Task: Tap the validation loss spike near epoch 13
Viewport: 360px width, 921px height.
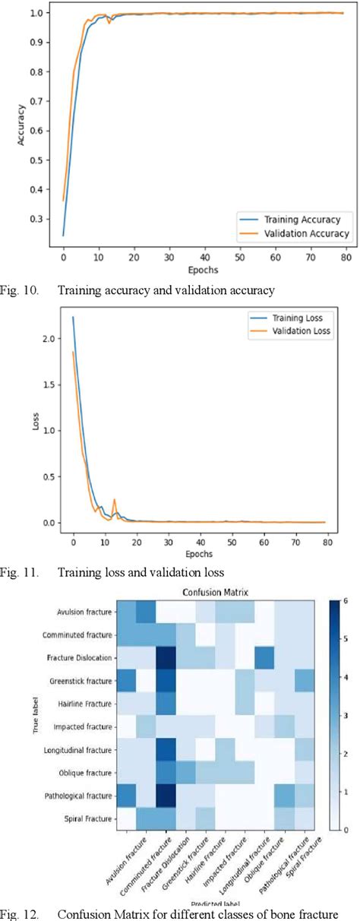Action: [115, 500]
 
